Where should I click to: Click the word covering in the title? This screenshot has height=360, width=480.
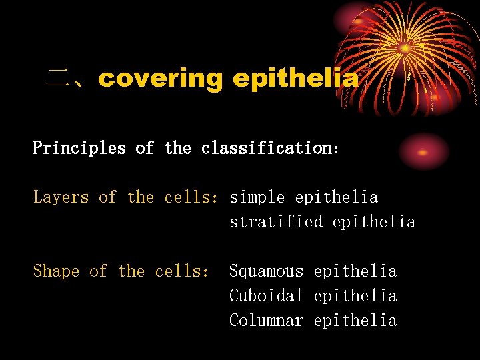coord(160,79)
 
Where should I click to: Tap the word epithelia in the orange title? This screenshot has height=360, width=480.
coord(295,79)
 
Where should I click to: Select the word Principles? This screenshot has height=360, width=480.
coord(79,148)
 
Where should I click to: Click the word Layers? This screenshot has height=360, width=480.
coord(61,197)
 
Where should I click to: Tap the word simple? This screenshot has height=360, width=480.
coord(257,197)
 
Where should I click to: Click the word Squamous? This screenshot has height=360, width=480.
coord(266,271)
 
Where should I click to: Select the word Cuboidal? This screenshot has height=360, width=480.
coord(266,296)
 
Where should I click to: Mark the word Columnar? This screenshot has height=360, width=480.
coord(266,321)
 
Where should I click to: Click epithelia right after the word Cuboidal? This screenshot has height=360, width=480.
coord(355,296)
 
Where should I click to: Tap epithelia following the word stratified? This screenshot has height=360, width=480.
coord(373,222)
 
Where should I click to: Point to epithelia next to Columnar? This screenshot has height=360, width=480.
coord(355,321)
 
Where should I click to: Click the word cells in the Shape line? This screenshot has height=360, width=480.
coord(181,271)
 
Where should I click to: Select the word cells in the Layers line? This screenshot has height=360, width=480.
coord(191,197)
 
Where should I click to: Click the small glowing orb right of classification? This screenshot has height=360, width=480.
coord(423,151)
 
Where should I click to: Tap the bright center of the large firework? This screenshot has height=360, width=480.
coord(405,48)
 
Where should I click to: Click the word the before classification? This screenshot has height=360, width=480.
coord(177,148)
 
